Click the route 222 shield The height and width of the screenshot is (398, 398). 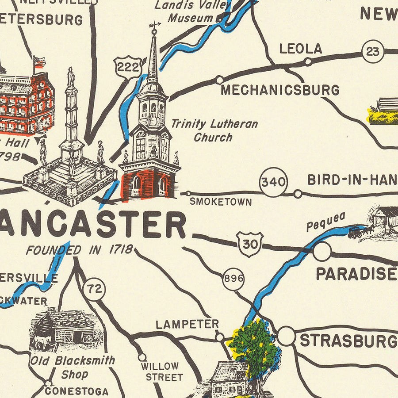[128, 68]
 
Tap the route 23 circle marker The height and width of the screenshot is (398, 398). [373, 52]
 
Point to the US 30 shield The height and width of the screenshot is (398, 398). [250, 244]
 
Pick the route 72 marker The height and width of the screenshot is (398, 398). [94, 290]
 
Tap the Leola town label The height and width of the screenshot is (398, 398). [301, 49]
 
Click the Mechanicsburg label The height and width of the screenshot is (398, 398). [280, 90]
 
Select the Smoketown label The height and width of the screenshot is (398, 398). [221, 202]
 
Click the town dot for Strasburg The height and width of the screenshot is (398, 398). [286, 337]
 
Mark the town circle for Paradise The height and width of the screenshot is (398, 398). [322, 252]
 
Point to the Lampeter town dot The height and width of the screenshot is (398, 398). [219, 337]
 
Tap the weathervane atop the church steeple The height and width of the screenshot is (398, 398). [154, 27]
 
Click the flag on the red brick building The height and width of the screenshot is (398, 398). [39, 62]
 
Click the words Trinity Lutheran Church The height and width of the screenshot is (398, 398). [214, 130]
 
